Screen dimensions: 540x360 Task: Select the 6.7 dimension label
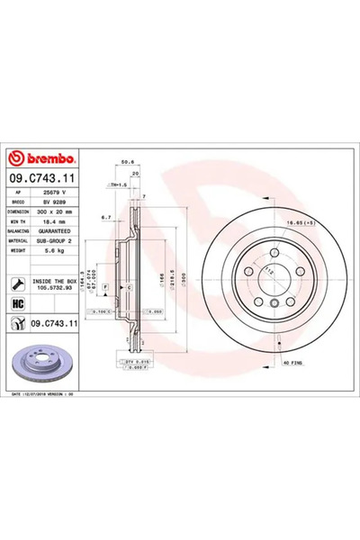105,217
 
